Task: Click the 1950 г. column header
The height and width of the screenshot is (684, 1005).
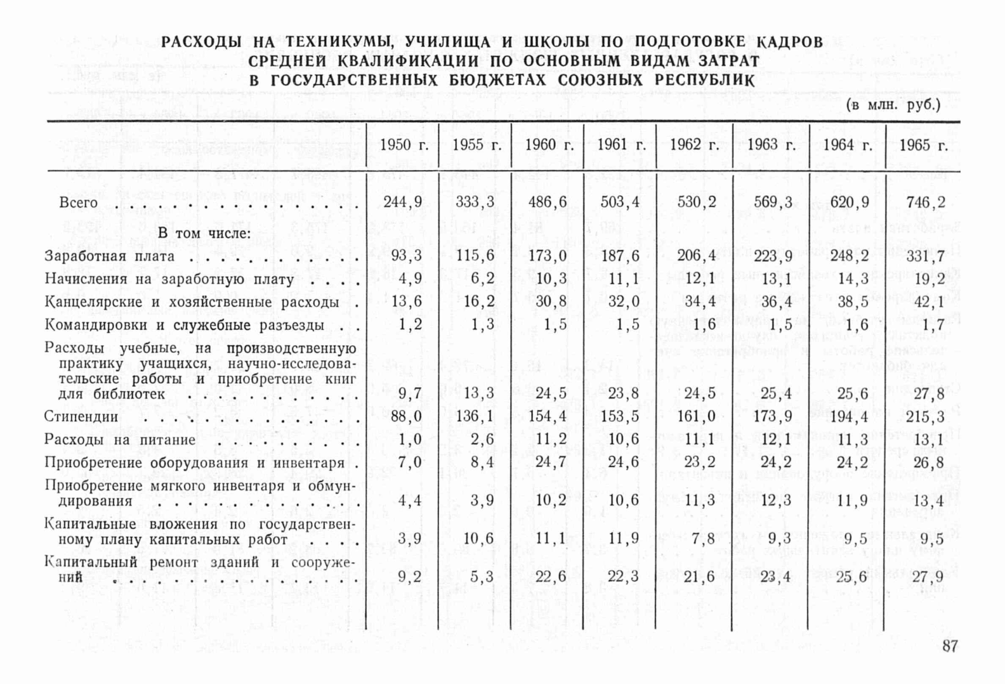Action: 404,145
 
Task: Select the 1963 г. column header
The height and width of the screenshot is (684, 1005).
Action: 771,145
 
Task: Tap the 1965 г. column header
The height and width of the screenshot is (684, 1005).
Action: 923,145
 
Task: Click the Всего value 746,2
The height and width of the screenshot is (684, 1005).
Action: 925,202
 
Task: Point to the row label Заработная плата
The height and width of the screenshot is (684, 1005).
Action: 109,256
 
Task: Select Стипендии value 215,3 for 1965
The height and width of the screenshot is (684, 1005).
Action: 925,417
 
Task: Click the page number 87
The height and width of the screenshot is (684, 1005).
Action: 950,647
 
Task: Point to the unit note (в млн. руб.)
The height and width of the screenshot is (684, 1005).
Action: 893,105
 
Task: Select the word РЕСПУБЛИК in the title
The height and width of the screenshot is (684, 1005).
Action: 704,81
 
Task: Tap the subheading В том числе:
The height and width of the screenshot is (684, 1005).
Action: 204,233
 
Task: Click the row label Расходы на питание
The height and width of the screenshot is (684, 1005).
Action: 119,440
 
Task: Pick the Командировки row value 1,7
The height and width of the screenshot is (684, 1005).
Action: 930,325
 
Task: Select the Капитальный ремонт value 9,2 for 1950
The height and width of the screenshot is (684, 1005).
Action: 410,577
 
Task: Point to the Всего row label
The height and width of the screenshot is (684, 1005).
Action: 78,203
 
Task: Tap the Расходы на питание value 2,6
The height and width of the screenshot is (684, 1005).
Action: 483,440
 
